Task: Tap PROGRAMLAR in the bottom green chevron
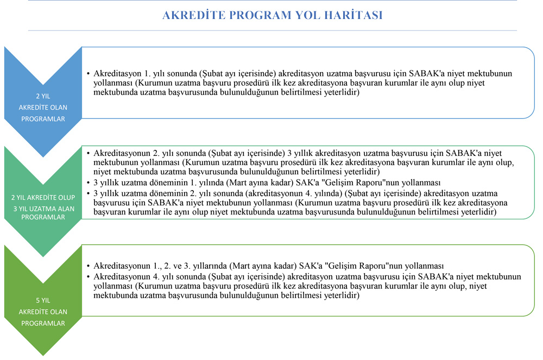[42, 323]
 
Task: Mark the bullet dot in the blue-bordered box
[89, 73]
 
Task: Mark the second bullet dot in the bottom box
[89, 276]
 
